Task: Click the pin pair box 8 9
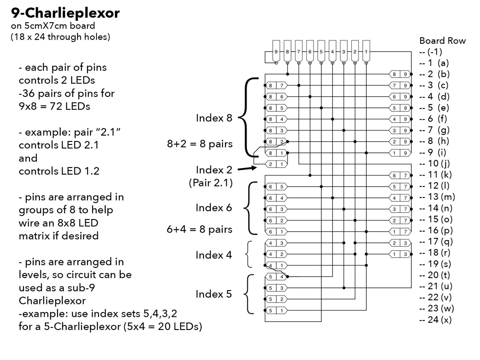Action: tap(400, 74)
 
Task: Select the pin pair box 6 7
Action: tap(400, 175)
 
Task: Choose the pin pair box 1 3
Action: tap(400, 254)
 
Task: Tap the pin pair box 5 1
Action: tap(276, 311)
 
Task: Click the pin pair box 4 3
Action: tap(276, 243)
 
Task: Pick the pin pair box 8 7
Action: tap(276, 85)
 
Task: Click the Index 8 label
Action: tap(214, 118)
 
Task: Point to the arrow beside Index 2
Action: tap(247, 169)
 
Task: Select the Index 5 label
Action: tap(213, 294)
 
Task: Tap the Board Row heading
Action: tap(442, 41)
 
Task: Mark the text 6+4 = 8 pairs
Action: tap(199, 229)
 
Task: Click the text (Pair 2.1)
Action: tap(211, 183)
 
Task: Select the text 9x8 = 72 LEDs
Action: tap(54, 106)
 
